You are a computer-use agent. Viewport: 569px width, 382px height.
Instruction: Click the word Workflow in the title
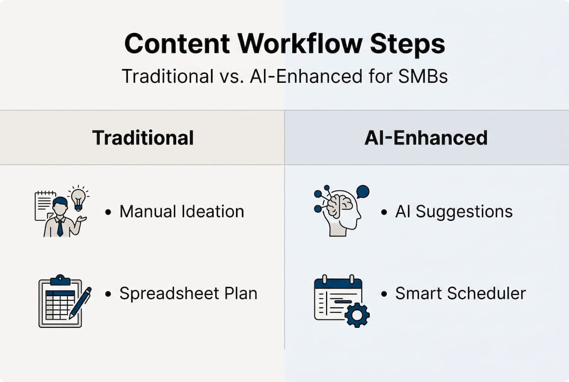click(x=300, y=44)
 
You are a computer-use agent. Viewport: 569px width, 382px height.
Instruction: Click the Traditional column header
click(x=143, y=138)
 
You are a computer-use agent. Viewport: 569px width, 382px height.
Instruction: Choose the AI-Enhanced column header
click(x=426, y=138)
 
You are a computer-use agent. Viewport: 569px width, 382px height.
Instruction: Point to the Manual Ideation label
click(x=182, y=211)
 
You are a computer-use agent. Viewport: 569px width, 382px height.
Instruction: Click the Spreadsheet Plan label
click(x=188, y=293)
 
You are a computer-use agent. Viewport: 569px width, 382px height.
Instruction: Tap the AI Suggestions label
click(x=454, y=212)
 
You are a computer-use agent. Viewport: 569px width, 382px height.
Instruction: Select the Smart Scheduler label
click(x=460, y=293)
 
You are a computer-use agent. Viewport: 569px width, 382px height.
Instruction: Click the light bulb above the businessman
click(x=78, y=198)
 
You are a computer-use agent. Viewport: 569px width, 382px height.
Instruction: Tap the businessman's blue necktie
click(x=60, y=227)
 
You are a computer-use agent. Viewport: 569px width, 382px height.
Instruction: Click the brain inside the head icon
click(x=340, y=206)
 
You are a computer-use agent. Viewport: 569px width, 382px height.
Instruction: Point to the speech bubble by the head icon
click(x=363, y=192)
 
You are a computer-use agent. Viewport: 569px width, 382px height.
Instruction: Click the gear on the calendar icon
click(x=357, y=315)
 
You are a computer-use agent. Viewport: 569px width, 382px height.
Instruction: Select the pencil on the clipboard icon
click(x=80, y=303)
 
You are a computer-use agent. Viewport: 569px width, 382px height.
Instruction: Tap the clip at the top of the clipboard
click(x=60, y=280)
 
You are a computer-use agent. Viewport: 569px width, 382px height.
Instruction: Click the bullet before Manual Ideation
click(x=108, y=212)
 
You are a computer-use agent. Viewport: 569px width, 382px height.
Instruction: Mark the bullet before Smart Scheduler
click(x=384, y=294)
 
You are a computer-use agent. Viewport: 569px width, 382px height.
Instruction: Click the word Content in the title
click(x=177, y=44)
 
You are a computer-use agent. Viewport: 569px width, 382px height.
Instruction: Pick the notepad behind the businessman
click(x=44, y=205)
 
